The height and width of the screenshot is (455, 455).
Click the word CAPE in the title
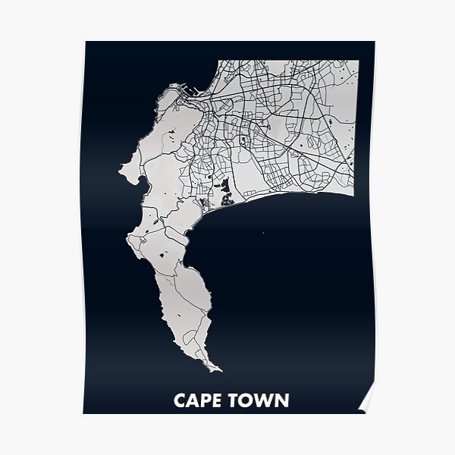pos(199,400)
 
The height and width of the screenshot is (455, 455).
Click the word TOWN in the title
pos(259,400)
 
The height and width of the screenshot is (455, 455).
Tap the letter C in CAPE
pos(180,400)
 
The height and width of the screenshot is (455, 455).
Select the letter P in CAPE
pos(206,400)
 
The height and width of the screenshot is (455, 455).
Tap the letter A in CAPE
pos(193,400)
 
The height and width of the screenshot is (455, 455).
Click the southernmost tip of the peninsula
pos(221,371)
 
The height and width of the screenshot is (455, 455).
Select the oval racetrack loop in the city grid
pos(243,141)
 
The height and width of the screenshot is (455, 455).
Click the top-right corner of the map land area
pos(358,60)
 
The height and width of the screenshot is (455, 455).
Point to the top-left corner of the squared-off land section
pos(218,61)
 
